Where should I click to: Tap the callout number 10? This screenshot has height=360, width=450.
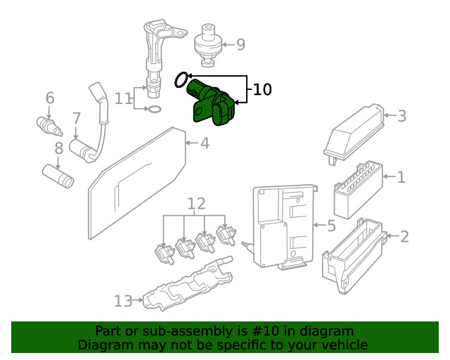tap(262, 89)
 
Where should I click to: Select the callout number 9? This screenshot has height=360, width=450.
tap(240, 45)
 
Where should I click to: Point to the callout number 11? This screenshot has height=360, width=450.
tap(124, 98)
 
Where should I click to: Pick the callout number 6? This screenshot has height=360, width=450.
tap(50, 98)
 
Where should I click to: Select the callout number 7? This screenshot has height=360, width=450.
tap(77, 118)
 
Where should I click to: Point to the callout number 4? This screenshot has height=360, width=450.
tap(205, 143)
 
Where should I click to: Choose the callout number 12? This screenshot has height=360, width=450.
tap(196, 204)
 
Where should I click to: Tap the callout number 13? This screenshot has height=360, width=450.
tap(123, 301)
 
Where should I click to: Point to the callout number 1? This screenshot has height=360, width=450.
tap(401, 177)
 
